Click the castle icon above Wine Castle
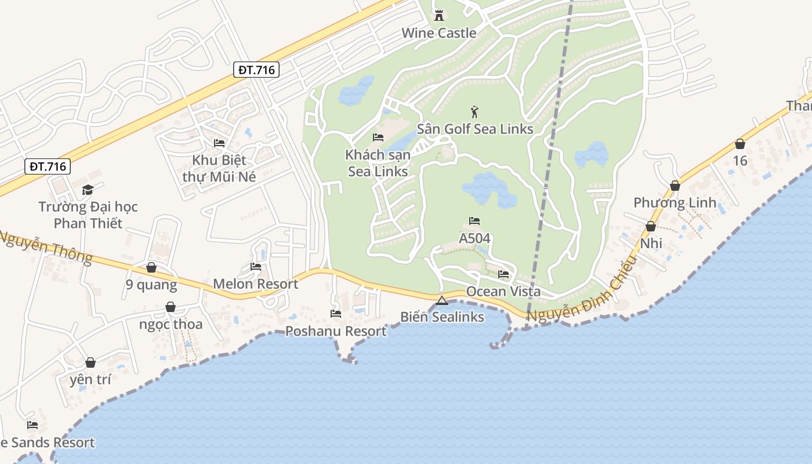pos(439,16)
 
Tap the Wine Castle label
pos(439,33)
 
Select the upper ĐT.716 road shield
pos(258,70)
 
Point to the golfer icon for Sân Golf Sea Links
pos(475,111)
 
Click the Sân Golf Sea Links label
pos(475,129)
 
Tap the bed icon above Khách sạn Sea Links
pos(378,137)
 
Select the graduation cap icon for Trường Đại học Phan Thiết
pos(88,190)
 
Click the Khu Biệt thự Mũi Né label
pos(219,168)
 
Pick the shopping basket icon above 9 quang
pos(151,267)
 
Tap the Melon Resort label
pos(256,284)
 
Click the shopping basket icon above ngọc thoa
pos(171,307)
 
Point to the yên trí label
pos(90,380)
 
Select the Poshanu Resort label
pos(336,331)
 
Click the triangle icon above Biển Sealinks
pos(442,300)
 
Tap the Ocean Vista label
pos(503,291)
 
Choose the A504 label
pos(474,238)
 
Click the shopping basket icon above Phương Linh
pos(675,186)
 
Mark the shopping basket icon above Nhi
pos(651,226)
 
